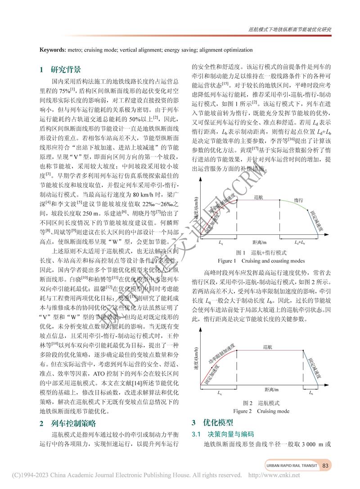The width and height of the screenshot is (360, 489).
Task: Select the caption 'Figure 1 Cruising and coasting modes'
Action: (x=261, y=261)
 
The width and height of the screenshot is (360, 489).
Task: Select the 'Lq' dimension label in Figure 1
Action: (x=220, y=242)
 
